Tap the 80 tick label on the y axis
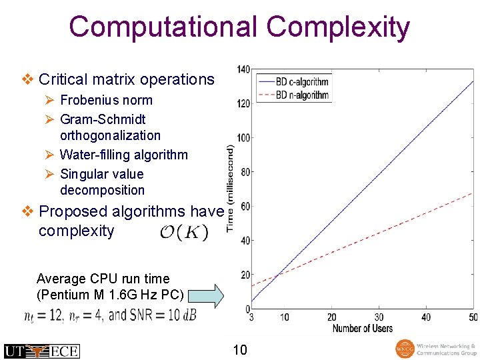coord(245,172)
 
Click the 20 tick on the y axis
coord(245,275)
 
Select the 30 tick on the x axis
coord(379,317)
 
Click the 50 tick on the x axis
coord(473,317)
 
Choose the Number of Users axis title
coord(363,328)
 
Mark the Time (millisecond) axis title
coord(230,189)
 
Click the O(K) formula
coord(184,233)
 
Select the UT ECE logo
coord(41,351)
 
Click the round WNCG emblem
coord(404,349)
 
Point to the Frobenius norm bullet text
coord(106,101)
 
